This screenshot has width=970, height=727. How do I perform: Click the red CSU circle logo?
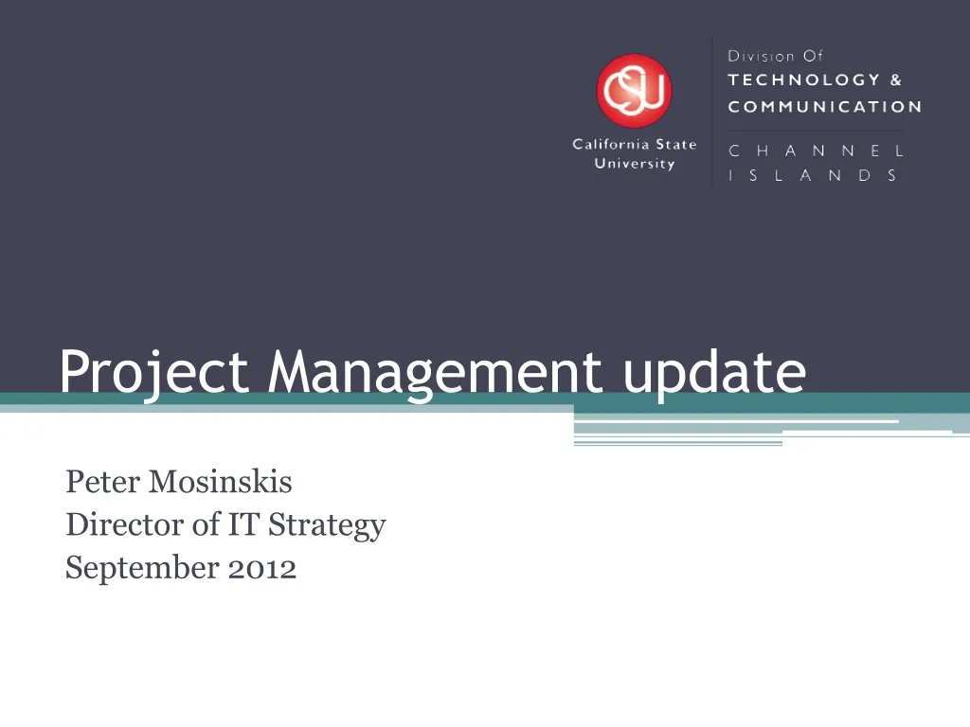click(634, 91)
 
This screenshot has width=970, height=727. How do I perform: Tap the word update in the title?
click(714, 374)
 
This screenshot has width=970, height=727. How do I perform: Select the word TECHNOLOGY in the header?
click(803, 80)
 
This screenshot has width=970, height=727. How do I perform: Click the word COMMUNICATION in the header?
click(824, 107)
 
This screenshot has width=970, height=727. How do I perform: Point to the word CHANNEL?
click(816, 151)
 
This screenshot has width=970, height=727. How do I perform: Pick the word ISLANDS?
click(813, 175)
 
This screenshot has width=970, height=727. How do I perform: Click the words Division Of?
click(776, 56)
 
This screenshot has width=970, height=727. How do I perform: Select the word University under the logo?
click(634, 164)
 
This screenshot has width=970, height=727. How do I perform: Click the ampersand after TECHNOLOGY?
click(896, 80)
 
